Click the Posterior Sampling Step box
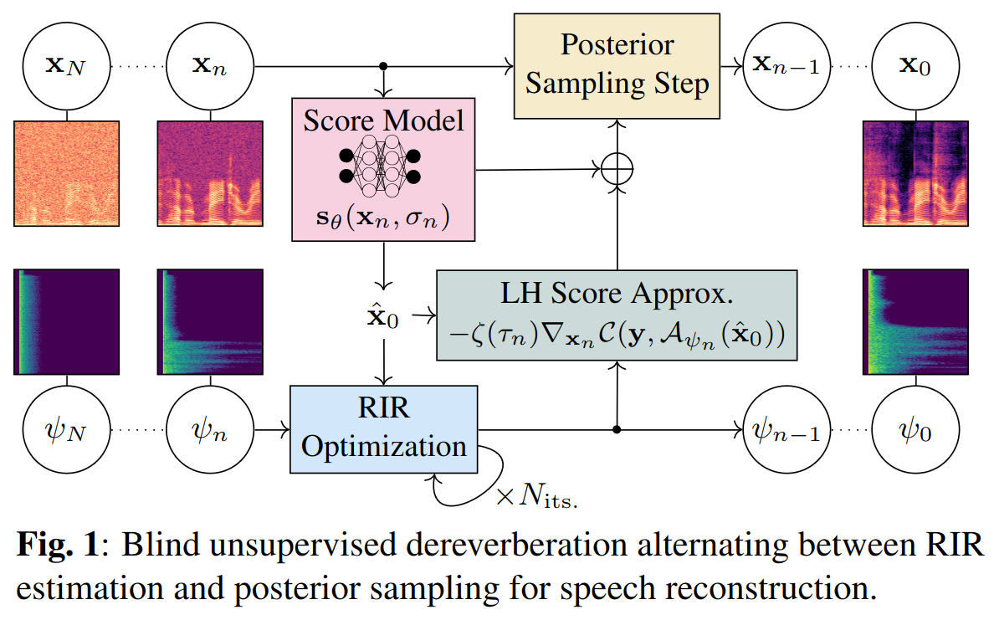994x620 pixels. pyautogui.click(x=617, y=66)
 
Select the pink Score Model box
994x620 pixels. pyautogui.click(x=383, y=169)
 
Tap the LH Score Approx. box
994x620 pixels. pyautogui.click(x=617, y=315)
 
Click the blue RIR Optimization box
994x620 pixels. pyautogui.click(x=383, y=429)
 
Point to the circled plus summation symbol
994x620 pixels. pyautogui.click(x=617, y=169)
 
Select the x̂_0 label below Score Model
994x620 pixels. pyautogui.click(x=383, y=315)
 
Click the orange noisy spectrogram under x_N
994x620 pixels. pyautogui.click(x=67, y=173)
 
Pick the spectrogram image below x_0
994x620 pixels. pyautogui.click(x=915, y=173)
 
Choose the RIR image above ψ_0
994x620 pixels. pyautogui.click(x=915, y=322)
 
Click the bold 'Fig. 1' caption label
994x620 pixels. pyautogui.click(x=57, y=544)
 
